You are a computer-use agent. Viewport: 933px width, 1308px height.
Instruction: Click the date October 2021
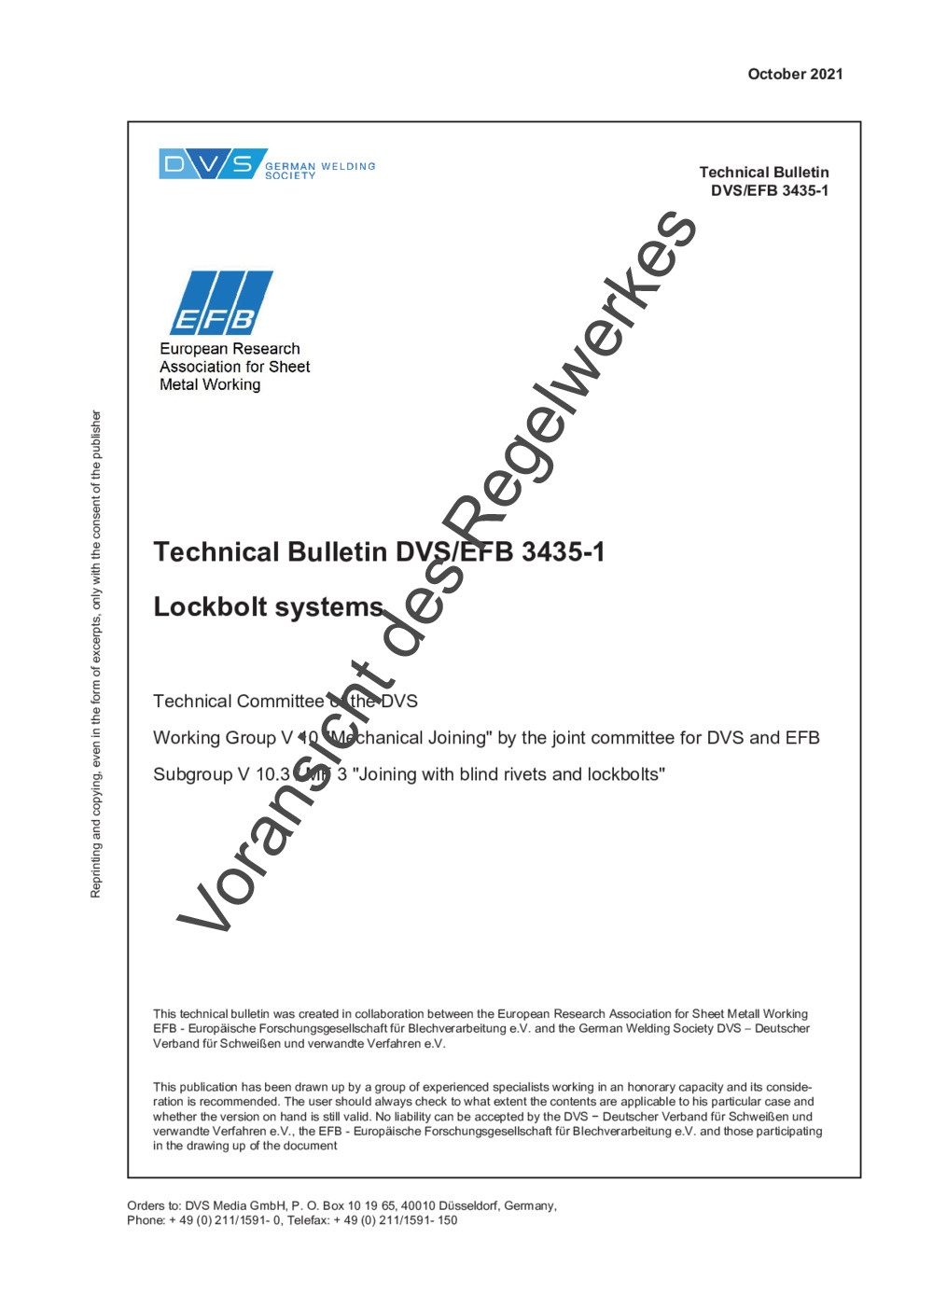(795, 75)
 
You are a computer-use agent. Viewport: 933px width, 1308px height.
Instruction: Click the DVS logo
(213, 164)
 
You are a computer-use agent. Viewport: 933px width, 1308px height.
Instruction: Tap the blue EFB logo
(221, 303)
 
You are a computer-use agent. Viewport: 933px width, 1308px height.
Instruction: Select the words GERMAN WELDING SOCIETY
(319, 171)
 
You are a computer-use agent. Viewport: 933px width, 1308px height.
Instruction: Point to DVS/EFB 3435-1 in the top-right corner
(769, 190)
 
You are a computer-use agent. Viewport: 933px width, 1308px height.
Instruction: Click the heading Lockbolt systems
(268, 607)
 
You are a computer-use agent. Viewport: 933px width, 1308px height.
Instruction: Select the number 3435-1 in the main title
(563, 552)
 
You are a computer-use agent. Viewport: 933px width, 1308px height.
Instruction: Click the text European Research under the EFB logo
(230, 349)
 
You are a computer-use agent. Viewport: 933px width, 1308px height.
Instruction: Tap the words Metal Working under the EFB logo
(210, 384)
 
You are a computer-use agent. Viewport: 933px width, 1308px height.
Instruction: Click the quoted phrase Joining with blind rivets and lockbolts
(508, 774)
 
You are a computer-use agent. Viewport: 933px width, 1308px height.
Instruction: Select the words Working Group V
(223, 738)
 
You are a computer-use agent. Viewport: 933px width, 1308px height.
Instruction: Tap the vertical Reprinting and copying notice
(95, 654)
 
